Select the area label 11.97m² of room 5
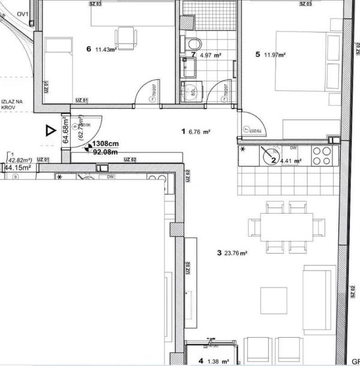[x=274, y=55]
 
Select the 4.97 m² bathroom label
[x=211, y=55]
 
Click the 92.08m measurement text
[x=105, y=152]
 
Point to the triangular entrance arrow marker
[x=48, y=130]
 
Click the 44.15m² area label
[x=18, y=168]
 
